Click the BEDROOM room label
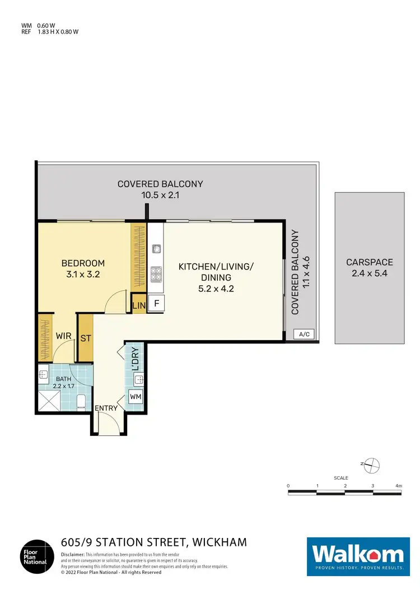point(83,263)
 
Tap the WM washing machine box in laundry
point(136,397)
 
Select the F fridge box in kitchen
point(156,304)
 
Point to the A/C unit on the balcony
point(304,335)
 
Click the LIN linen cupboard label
point(138,305)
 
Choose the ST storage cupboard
point(86,338)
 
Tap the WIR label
point(63,336)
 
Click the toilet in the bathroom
point(81,401)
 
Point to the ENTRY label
point(106,408)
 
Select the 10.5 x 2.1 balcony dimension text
point(160,196)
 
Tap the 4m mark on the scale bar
point(398,485)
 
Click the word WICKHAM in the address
point(220,542)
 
